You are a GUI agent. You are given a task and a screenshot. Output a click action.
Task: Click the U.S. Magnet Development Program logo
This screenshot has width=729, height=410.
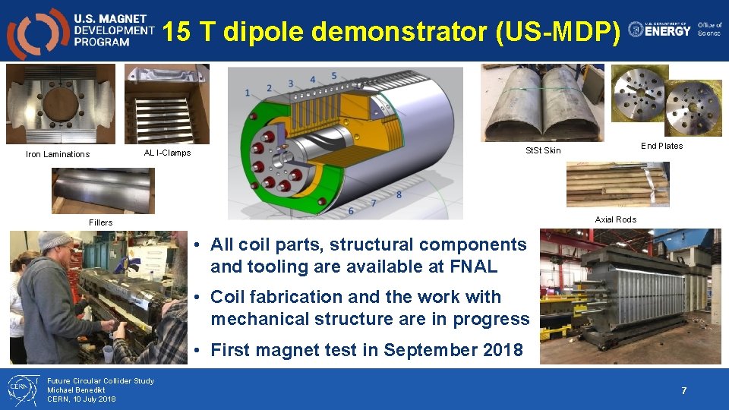point(80,31)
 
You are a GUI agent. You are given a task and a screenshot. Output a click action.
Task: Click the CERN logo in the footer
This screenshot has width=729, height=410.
point(21,389)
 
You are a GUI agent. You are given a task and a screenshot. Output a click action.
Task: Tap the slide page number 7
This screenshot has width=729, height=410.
point(683,391)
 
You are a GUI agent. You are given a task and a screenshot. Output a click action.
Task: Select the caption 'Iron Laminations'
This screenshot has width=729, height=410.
point(58,155)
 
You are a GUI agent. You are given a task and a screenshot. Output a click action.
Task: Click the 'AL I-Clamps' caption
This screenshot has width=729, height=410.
point(167,153)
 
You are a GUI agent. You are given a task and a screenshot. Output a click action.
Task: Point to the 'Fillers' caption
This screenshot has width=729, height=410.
point(100,222)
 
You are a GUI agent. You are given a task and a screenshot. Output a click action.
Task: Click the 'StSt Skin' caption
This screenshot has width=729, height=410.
point(543,150)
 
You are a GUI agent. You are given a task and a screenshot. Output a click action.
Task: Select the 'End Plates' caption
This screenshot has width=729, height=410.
point(661,146)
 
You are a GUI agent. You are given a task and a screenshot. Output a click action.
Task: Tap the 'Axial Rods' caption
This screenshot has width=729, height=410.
point(615,219)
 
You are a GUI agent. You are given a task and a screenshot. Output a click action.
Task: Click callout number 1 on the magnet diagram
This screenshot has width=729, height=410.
point(248,93)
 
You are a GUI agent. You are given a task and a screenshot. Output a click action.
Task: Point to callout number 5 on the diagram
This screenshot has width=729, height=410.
point(334,76)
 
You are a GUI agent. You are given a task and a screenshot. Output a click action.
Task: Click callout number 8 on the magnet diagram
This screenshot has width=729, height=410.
point(399,195)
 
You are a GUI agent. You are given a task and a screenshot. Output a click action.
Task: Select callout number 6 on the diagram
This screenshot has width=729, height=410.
point(351,210)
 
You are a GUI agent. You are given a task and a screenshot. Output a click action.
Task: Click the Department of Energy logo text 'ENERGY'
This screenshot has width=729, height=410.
point(668,30)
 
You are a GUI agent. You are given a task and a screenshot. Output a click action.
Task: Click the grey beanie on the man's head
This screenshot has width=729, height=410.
point(55,241)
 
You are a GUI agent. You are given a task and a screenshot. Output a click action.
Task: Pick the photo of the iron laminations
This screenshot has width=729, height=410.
point(61,104)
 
